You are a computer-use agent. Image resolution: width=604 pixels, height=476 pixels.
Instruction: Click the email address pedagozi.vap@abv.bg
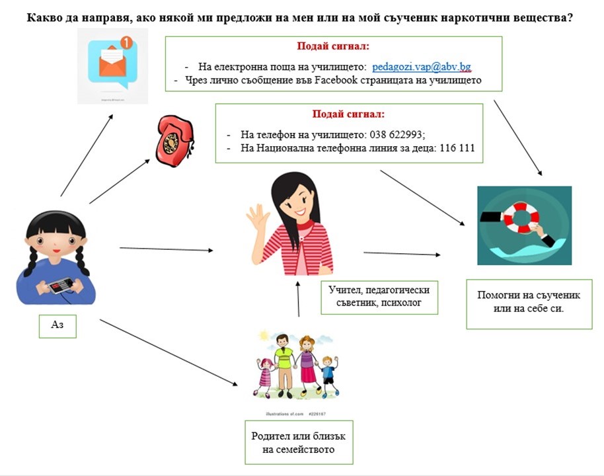click(x=421, y=67)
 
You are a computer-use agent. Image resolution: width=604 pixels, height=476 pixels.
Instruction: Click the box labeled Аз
click(x=57, y=325)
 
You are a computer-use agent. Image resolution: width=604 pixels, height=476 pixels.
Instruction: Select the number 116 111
click(x=452, y=148)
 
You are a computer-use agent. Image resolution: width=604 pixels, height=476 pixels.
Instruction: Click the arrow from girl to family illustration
click(x=169, y=352)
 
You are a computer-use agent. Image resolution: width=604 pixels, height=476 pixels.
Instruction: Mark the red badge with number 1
click(x=126, y=43)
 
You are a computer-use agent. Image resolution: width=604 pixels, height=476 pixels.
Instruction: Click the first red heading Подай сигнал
click(x=334, y=48)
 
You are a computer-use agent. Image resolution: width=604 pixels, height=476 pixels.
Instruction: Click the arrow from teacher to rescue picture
click(x=401, y=253)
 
